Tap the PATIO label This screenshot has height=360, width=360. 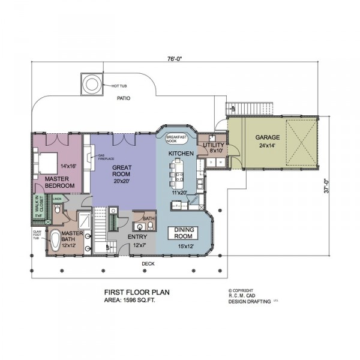124,98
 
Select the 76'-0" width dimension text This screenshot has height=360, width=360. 175,59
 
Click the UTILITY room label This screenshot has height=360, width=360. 214,146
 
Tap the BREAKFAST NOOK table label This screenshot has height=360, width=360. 177,138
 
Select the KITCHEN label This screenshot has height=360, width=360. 180,154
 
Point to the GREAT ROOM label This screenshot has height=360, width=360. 122,170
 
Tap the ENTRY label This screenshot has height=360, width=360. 137,237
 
